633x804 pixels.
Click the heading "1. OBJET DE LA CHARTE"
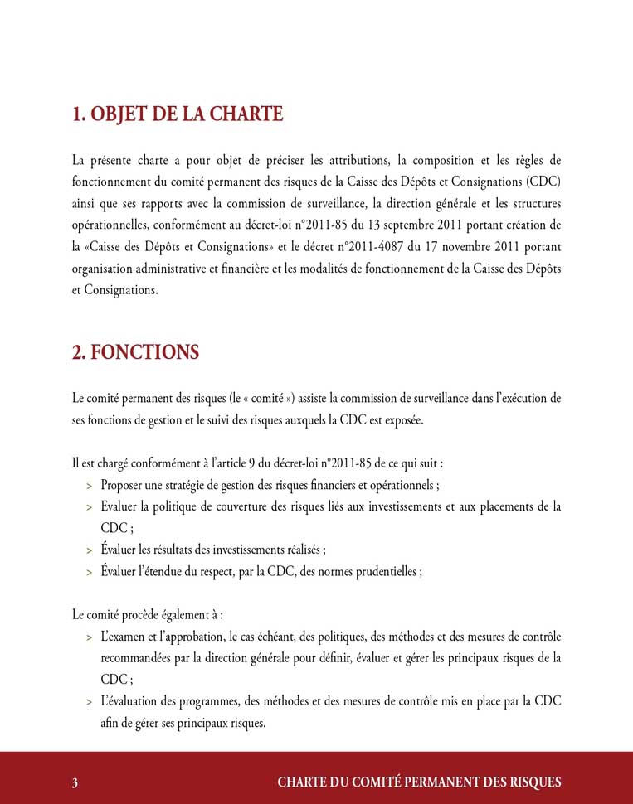[x=178, y=114]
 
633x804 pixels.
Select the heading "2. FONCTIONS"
[x=135, y=352]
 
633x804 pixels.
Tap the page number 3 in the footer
[x=75, y=782]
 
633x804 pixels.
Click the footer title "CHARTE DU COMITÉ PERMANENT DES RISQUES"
[x=419, y=782]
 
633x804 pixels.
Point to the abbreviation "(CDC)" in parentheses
[x=541, y=182]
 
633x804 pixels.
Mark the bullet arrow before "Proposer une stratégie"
[x=89, y=486]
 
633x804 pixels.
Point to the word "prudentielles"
[x=381, y=571]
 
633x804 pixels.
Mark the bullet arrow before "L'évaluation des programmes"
[x=89, y=701]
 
